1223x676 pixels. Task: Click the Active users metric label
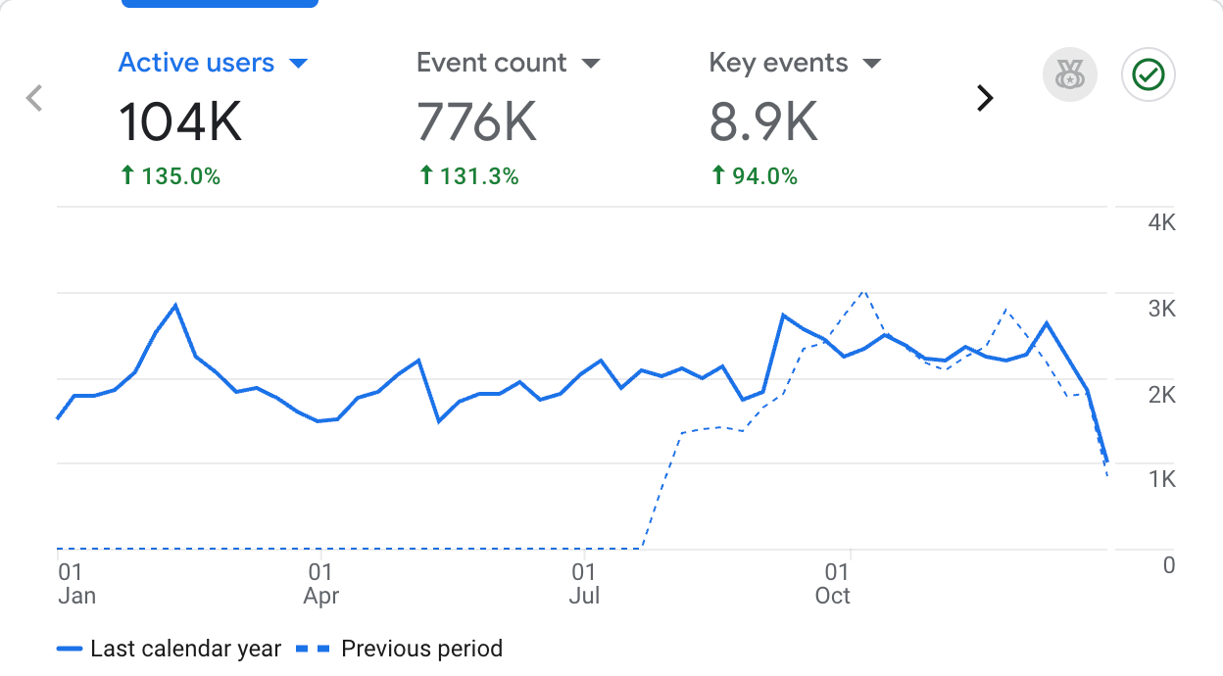pyautogui.click(x=196, y=64)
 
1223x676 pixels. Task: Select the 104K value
pyautogui.click(x=180, y=123)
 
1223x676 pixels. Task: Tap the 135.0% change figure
pyautogui.click(x=171, y=177)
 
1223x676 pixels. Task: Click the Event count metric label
pyautogui.click(x=491, y=64)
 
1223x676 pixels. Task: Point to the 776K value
pyautogui.click(x=477, y=123)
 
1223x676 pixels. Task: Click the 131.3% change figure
pyautogui.click(x=468, y=177)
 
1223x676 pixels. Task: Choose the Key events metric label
pyautogui.click(x=778, y=64)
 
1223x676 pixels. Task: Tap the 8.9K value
pyautogui.click(x=763, y=123)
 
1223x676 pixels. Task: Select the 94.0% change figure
pyautogui.click(x=754, y=177)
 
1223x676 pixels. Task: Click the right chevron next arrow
pyautogui.click(x=985, y=98)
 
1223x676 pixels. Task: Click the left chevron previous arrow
pyautogui.click(x=34, y=98)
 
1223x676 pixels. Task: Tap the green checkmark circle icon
pyautogui.click(x=1149, y=75)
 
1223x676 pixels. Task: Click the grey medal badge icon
pyautogui.click(x=1070, y=75)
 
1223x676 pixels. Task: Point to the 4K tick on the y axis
pyautogui.click(x=1161, y=222)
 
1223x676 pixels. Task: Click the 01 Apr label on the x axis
pyautogui.click(x=320, y=584)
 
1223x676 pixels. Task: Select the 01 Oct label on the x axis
pyautogui.click(x=834, y=584)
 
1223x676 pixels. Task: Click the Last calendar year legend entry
pyautogui.click(x=170, y=649)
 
